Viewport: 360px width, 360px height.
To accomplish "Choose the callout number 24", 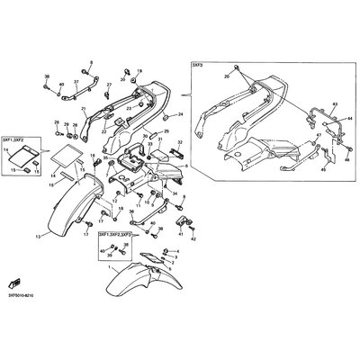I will pyautogui.click(x=180, y=115).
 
